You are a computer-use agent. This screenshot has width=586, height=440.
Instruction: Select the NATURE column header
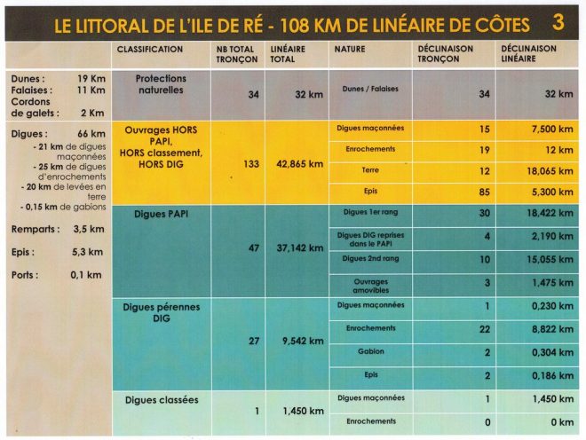[x=349, y=50]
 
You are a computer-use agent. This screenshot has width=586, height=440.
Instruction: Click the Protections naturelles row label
[x=161, y=84]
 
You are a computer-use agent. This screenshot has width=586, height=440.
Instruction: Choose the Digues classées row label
[x=162, y=400]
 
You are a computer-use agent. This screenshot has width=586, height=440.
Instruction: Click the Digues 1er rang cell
[x=370, y=213]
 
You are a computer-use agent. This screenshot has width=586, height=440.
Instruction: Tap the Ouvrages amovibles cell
[x=370, y=286]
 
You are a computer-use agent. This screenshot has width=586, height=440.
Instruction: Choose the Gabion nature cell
[x=370, y=351]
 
